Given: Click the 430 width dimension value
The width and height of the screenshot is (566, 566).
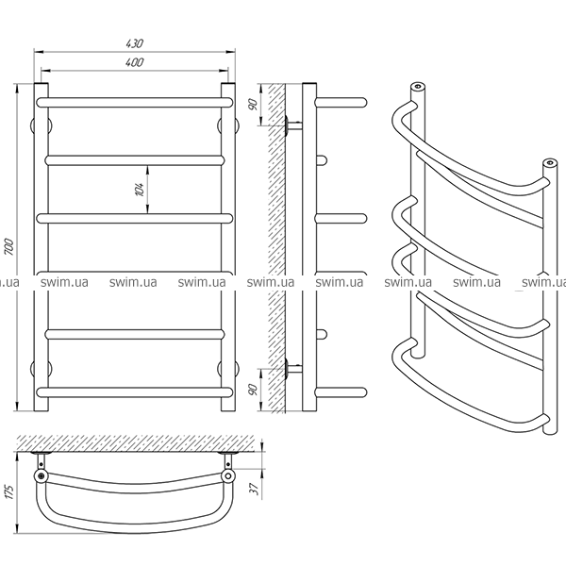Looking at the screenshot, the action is point(135,43).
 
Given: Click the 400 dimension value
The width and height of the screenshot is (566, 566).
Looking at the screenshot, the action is point(135,62).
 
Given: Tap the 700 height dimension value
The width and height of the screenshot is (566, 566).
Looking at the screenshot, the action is point(9,247).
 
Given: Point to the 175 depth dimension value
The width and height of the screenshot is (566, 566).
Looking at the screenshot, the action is point(9,492).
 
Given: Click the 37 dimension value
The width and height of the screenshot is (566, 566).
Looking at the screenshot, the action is point(255,489).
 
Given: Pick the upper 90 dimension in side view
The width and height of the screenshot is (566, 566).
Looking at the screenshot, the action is point(254,105).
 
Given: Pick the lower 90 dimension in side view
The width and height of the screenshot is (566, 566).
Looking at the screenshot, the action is point(254,390).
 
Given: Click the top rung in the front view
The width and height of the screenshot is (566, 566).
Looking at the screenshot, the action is point(135,102).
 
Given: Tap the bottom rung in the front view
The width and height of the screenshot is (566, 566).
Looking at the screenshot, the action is point(135,392).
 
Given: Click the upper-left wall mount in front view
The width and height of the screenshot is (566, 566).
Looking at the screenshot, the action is point(41,126).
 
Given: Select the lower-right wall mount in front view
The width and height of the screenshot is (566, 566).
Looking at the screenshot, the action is point(228,369).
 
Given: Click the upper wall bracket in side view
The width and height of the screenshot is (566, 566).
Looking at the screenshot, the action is point(293,126).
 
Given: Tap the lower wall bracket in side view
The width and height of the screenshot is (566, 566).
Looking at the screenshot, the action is point(293,369).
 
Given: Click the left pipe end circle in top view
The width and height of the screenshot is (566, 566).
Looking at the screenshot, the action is point(42,476).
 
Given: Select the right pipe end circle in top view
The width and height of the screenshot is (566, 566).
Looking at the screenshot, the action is point(228,476).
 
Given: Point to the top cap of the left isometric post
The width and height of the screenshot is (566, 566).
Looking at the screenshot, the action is point(418,86).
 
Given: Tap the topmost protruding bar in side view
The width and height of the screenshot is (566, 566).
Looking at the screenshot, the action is point(341,102).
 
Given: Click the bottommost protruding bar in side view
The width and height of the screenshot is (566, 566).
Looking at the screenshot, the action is point(341,392).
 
